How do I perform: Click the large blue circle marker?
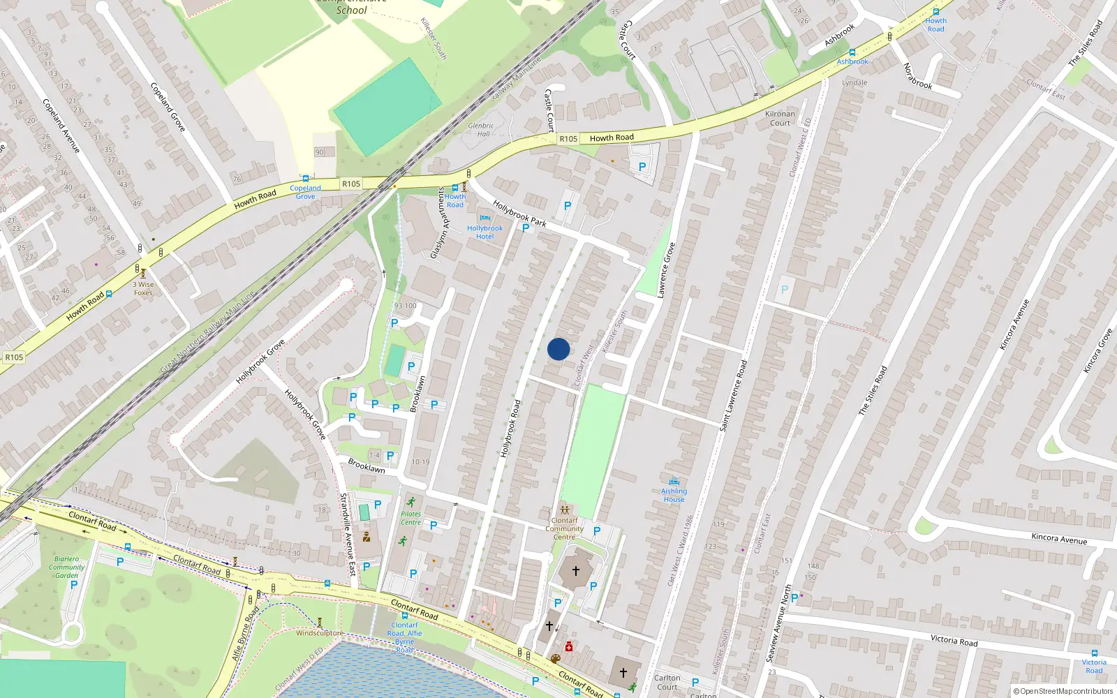pyautogui.click(x=558, y=349)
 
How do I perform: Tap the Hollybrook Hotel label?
pyautogui.click(x=484, y=232)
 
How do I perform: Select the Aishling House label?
pyautogui.click(x=674, y=495)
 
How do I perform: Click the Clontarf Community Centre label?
pyautogui.click(x=564, y=528)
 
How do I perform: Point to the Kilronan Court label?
pyautogui.click(x=780, y=118)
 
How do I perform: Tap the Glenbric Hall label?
pyautogui.click(x=481, y=130)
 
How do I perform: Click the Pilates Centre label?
pyautogui.click(x=410, y=518)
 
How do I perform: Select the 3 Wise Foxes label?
pyautogui.click(x=143, y=288)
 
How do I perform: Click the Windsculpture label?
pyautogui.click(x=319, y=633)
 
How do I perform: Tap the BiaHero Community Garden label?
pyautogui.click(x=66, y=567)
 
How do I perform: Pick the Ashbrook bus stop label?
pyautogui.click(x=852, y=61)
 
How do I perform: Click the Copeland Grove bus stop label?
pyautogui.click(x=305, y=192)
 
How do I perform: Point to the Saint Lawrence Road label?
pyautogui.click(x=734, y=394)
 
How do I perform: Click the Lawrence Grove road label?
pyautogui.click(x=666, y=270)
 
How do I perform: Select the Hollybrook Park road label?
pyautogui.click(x=519, y=213)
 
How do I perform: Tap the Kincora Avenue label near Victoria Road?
pyautogui.click(x=1059, y=538)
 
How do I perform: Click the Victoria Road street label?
pyautogui.click(x=954, y=640)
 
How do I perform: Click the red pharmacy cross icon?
pyautogui.click(x=569, y=647)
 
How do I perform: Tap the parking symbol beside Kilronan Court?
pyautogui.click(x=642, y=167)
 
